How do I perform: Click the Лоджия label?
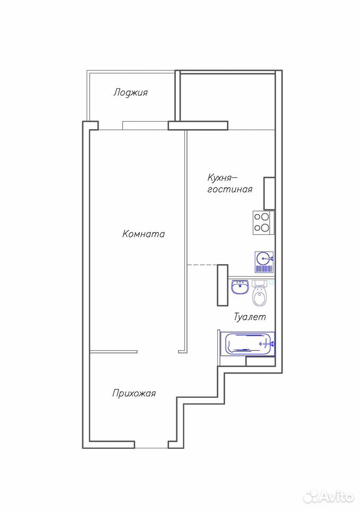(x=131, y=92)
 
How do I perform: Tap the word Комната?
(x=143, y=234)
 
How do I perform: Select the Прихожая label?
(x=134, y=393)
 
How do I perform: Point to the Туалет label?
(x=250, y=317)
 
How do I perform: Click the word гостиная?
(x=230, y=189)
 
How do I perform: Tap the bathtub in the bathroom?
(x=248, y=344)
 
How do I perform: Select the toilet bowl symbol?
(x=260, y=293)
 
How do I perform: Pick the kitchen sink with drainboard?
(x=264, y=262)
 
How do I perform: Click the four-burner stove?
(x=263, y=223)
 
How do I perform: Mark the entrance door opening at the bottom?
(x=151, y=448)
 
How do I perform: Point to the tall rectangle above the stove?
(x=269, y=193)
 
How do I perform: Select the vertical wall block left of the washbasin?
(x=222, y=285)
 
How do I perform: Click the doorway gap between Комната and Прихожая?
(x=158, y=352)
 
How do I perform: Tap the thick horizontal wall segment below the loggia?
(x=198, y=125)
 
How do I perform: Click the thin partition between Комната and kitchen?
(x=186, y=241)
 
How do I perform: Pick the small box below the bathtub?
(x=261, y=361)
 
